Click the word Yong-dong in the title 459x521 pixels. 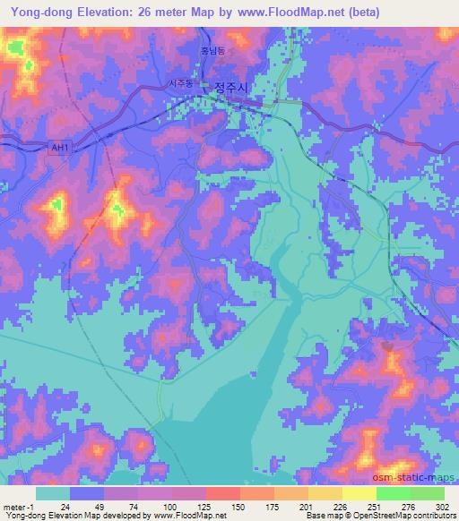[39, 12]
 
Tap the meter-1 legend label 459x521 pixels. [18, 506]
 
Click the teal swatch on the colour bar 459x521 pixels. [53, 493]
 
